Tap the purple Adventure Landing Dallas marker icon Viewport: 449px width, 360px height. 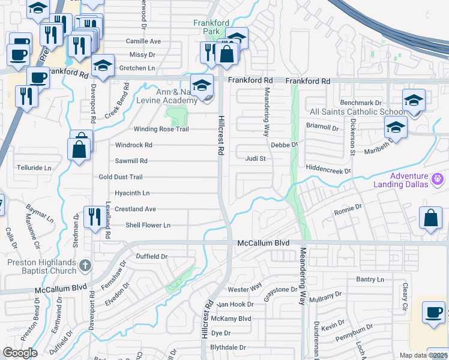tap(438, 178)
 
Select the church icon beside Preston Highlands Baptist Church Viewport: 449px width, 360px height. tap(85, 265)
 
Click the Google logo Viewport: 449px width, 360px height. tap(20, 353)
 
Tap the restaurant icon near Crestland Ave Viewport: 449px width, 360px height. tap(93, 217)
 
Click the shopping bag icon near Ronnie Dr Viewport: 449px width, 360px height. tap(431, 218)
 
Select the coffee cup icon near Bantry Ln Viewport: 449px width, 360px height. tap(433, 312)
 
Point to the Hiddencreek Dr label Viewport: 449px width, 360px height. tap(328, 171)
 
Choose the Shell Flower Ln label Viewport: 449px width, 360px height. tap(148, 225)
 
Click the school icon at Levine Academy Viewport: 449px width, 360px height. tap(202, 85)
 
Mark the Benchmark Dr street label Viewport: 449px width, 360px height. tap(361, 103)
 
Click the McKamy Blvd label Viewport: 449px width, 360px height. tap(235, 319)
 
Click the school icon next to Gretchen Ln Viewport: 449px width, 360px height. tap(103, 65)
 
